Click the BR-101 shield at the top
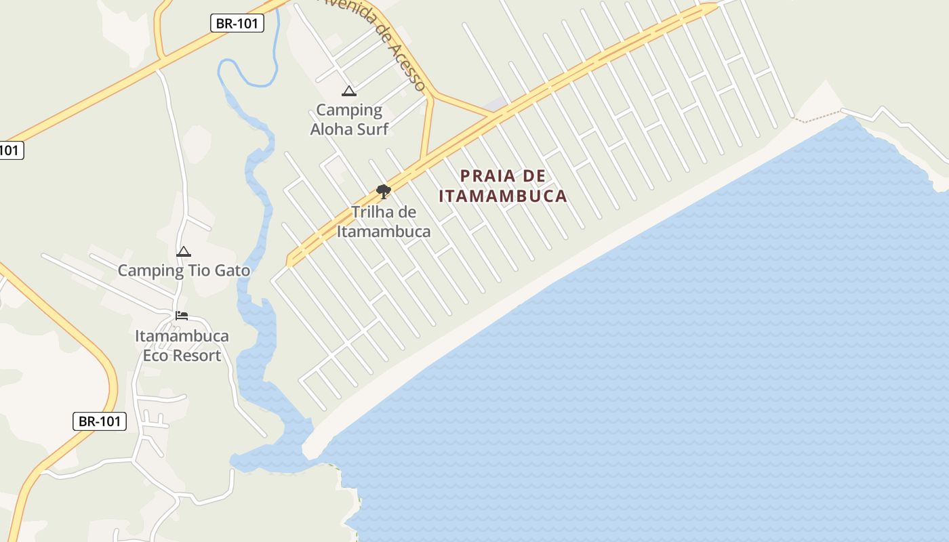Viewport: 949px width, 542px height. [237, 23]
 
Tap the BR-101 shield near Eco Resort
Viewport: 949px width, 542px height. [99, 421]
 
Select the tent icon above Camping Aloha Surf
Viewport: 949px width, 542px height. [349, 91]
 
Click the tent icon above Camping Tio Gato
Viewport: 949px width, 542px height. [184, 252]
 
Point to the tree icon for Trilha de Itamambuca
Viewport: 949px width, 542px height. [383, 191]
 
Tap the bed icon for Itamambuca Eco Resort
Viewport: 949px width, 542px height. [182, 316]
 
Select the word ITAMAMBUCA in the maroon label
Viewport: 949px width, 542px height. [502, 196]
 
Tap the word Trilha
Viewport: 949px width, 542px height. [373, 212]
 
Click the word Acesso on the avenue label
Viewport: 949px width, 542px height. [408, 66]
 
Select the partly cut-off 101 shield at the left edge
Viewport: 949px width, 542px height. [10, 150]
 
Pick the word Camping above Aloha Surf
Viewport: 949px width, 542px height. [349, 110]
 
